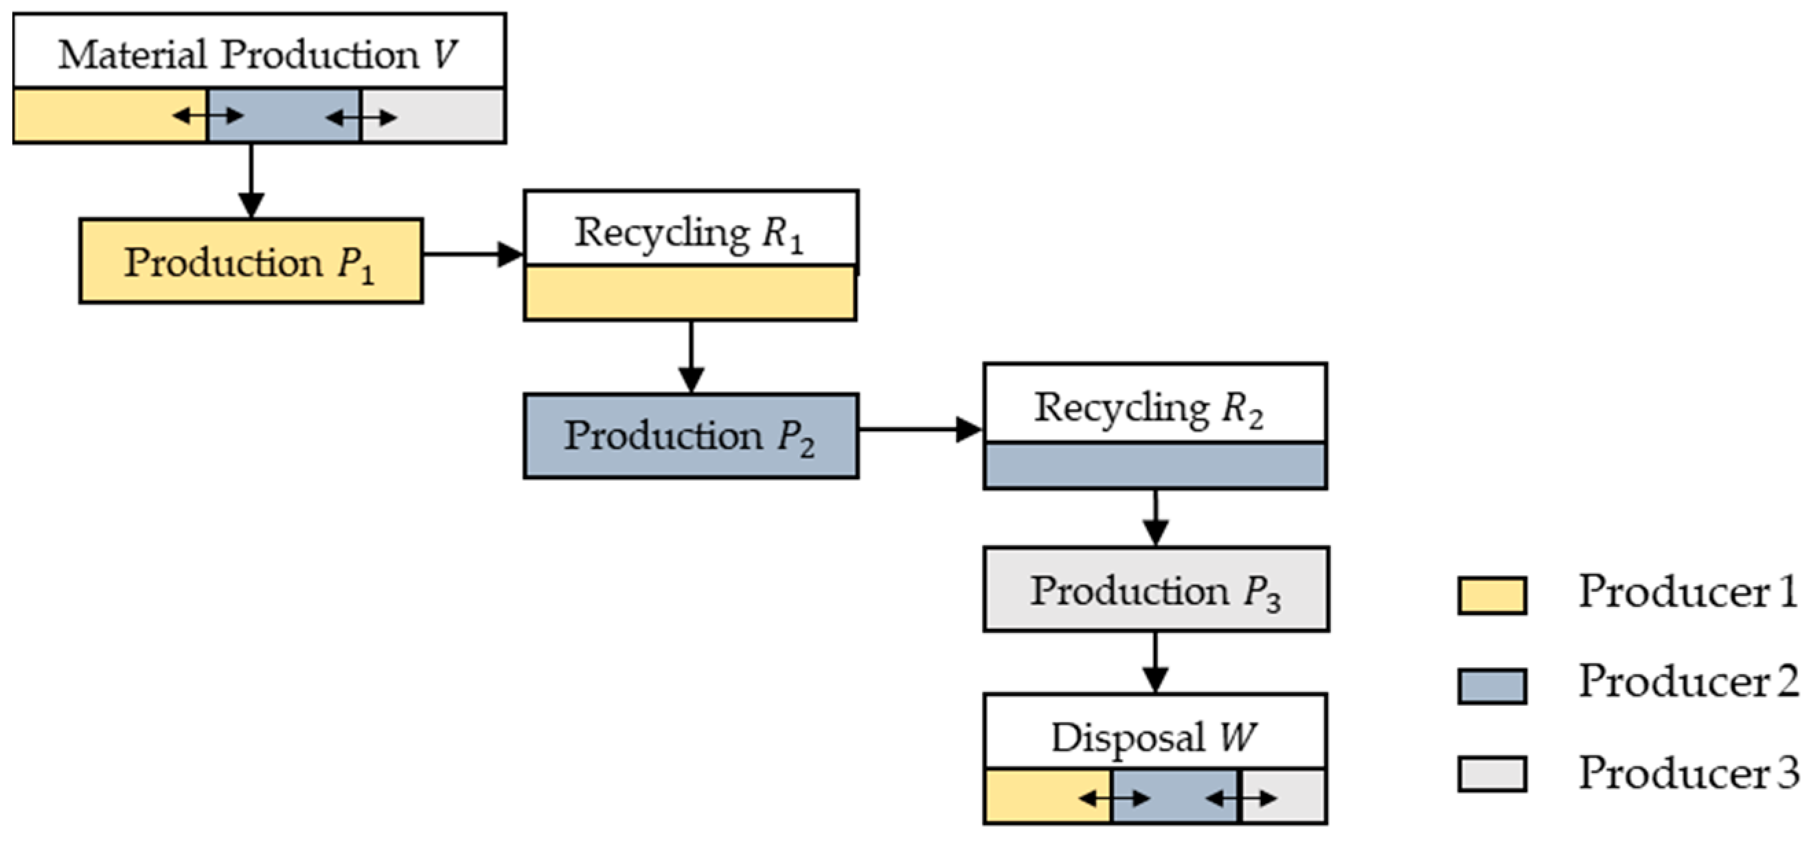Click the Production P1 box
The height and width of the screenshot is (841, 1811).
pos(250,262)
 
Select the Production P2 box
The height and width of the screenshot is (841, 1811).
pos(690,436)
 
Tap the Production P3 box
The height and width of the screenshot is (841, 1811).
pos(1155,590)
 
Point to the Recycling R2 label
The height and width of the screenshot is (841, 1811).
pos(1149,408)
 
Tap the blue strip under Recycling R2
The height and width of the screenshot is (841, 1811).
pos(1154,465)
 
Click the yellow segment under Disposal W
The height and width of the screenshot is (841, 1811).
pos(1030,797)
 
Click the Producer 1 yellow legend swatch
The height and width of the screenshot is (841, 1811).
pos(1491,595)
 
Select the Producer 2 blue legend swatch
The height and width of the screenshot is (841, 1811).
pos(1491,685)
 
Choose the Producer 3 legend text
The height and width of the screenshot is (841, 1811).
pos(1687,773)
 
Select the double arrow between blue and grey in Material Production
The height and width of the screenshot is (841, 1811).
pos(361,117)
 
